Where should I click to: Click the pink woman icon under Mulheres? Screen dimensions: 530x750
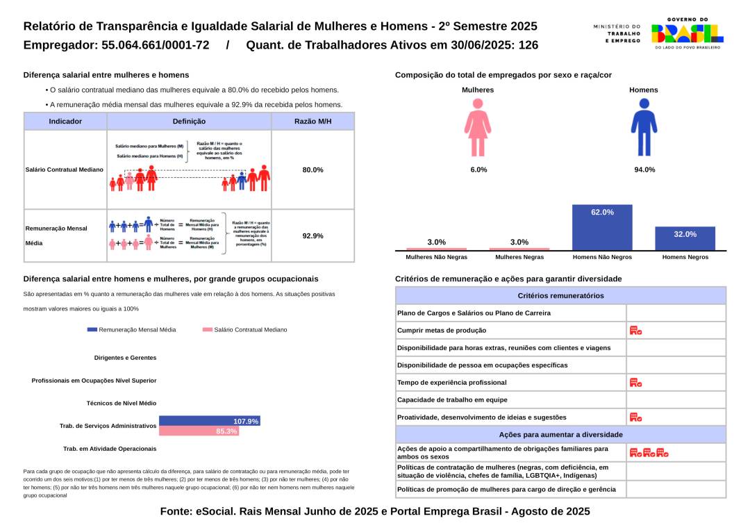tap(478, 127)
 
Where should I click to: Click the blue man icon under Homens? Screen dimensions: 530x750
tap(644, 127)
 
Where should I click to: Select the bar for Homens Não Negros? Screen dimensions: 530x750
tap(602, 227)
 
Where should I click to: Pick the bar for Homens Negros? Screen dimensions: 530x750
tap(685, 238)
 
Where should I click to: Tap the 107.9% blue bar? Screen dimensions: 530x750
tap(209, 421)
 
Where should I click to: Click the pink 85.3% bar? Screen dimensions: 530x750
tap(199, 431)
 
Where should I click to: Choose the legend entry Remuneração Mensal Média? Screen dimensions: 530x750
tap(132, 330)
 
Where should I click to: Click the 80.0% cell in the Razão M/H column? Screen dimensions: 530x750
tap(312, 169)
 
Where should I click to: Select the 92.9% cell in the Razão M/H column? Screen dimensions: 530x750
tap(312, 235)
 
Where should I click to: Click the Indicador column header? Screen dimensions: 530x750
tap(65, 122)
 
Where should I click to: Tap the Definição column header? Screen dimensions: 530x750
tap(189, 122)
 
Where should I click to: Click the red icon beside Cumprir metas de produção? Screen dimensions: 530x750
tap(635, 331)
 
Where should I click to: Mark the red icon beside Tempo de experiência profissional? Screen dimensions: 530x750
tap(635, 383)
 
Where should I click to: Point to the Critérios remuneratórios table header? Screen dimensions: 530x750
tap(560, 296)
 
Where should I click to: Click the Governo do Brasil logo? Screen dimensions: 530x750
tap(687, 33)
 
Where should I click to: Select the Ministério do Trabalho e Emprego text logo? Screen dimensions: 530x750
tap(617, 33)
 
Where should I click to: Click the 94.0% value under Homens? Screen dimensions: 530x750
tap(644, 169)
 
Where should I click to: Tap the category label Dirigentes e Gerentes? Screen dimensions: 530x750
tap(125, 358)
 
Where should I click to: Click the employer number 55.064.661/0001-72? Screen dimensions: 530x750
tap(147, 46)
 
